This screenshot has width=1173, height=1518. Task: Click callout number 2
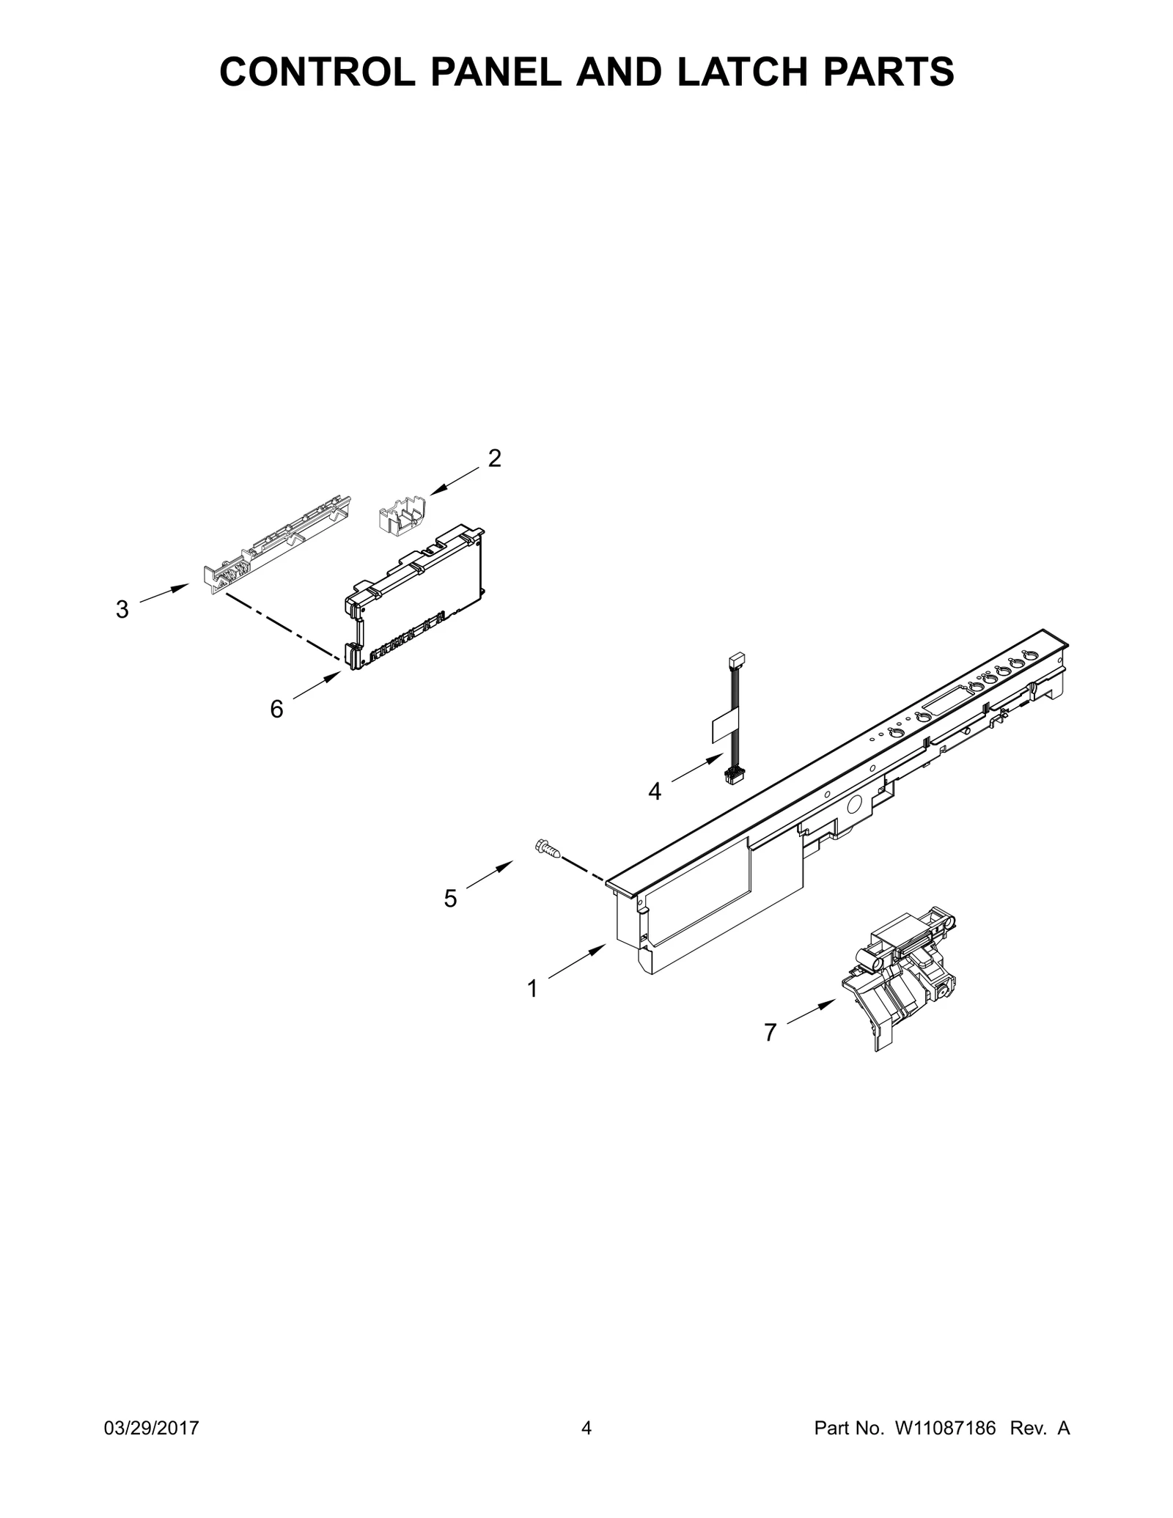[495, 459]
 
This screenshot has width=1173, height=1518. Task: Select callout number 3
[122, 609]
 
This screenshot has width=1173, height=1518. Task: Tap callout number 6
[276, 709]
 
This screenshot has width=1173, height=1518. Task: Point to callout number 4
[655, 792]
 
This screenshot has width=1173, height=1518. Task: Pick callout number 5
[451, 899]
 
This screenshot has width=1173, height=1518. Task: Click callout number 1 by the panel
[533, 990]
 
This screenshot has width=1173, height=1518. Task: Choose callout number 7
[770, 1033]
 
